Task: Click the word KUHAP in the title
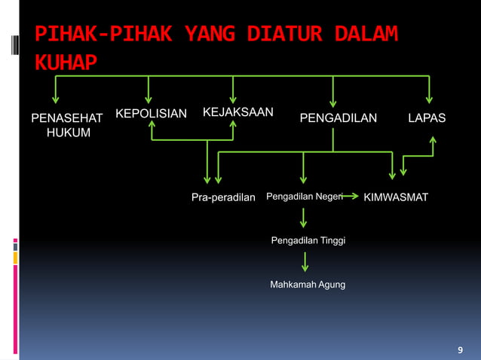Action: [66, 61]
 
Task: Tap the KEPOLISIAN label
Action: [150, 114]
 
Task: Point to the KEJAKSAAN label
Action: [237, 112]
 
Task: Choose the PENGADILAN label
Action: [339, 118]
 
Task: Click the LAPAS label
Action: [427, 118]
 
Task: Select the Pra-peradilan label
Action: [223, 197]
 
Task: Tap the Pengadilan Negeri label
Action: [304, 197]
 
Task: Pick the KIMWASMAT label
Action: [396, 197]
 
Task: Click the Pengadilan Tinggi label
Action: [308, 241]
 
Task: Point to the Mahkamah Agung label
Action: [307, 285]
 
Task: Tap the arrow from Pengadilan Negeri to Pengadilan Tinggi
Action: [304, 218]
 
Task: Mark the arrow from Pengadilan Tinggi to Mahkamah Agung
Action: [305, 262]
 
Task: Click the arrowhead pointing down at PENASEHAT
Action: [54, 99]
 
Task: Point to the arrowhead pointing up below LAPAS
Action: [434, 140]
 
